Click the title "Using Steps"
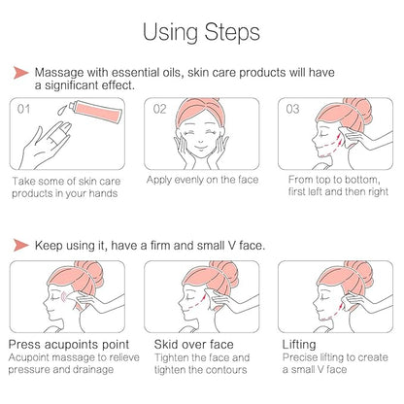201,32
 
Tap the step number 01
23,109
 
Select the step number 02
159,109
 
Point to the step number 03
292,109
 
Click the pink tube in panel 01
98,111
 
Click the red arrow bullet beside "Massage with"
21,73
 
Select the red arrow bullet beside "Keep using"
21,245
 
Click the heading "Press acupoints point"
69,345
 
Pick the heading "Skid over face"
193,344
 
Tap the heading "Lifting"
299,345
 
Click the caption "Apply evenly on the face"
202,180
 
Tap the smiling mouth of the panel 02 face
201,149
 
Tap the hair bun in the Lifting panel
360,273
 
